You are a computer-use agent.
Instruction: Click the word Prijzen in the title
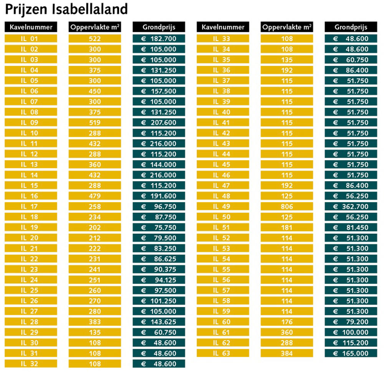[26, 10]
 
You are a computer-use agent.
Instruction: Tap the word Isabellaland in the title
[89, 9]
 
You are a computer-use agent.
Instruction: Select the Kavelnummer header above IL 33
[223, 27]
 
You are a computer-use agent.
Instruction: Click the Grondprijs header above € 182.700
[159, 27]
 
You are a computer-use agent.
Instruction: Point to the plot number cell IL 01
[31, 39]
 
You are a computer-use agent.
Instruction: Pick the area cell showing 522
[95, 39]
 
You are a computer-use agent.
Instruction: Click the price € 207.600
[159, 123]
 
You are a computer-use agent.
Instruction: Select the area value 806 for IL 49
[287, 206]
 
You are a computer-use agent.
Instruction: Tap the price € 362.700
[351, 206]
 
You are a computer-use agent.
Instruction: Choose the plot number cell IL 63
[223, 353]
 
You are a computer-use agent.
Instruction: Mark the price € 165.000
[351, 353]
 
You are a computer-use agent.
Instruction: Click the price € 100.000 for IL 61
[351, 332]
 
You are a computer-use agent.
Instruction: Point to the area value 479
[95, 196]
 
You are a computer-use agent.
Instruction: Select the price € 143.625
[159, 322]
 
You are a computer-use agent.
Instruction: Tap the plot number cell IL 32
[31, 364]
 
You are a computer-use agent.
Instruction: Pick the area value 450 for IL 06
[95, 91]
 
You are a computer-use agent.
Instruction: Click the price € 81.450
[351, 228]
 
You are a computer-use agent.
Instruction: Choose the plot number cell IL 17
[31, 206]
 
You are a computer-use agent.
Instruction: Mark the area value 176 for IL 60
[287, 322]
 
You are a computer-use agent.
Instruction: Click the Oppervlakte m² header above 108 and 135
[287, 27]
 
